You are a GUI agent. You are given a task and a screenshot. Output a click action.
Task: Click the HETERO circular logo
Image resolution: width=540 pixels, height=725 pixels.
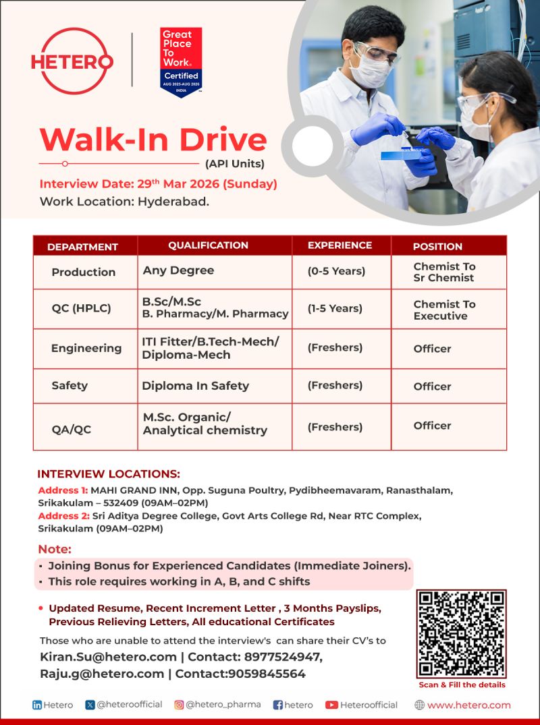tap(72, 61)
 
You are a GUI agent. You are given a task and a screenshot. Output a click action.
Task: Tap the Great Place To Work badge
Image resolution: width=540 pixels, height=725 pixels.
tap(181, 62)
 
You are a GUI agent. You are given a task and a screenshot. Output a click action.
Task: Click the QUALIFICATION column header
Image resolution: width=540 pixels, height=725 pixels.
tap(208, 245)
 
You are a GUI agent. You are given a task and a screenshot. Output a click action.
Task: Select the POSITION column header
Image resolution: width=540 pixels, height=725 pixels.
tap(437, 246)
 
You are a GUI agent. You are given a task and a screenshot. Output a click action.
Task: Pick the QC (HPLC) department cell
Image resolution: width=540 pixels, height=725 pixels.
tap(81, 309)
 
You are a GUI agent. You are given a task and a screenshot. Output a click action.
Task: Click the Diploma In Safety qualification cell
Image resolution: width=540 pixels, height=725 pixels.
tap(195, 386)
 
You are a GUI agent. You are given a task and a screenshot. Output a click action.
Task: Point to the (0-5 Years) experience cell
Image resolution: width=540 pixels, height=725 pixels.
tap(336, 271)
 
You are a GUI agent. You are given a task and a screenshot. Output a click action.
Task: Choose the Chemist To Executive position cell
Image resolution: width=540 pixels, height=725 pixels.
tap(444, 310)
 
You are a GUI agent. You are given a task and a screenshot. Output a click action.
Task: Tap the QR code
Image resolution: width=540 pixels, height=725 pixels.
tap(461, 633)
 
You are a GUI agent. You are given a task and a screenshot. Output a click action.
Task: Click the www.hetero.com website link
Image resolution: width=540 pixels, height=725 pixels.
tap(468, 705)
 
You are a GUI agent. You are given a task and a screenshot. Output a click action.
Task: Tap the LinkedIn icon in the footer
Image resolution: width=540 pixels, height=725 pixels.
tap(37, 705)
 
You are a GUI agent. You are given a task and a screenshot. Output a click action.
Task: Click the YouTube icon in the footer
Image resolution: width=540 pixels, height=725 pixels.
tap(331, 705)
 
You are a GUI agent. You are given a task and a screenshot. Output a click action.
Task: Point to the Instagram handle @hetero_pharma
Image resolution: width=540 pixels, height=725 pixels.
tap(223, 705)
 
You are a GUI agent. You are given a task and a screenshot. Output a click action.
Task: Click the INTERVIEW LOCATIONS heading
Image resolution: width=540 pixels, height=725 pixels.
tap(109, 474)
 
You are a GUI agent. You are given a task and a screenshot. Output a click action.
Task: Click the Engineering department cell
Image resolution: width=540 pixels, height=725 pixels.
tap(86, 348)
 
